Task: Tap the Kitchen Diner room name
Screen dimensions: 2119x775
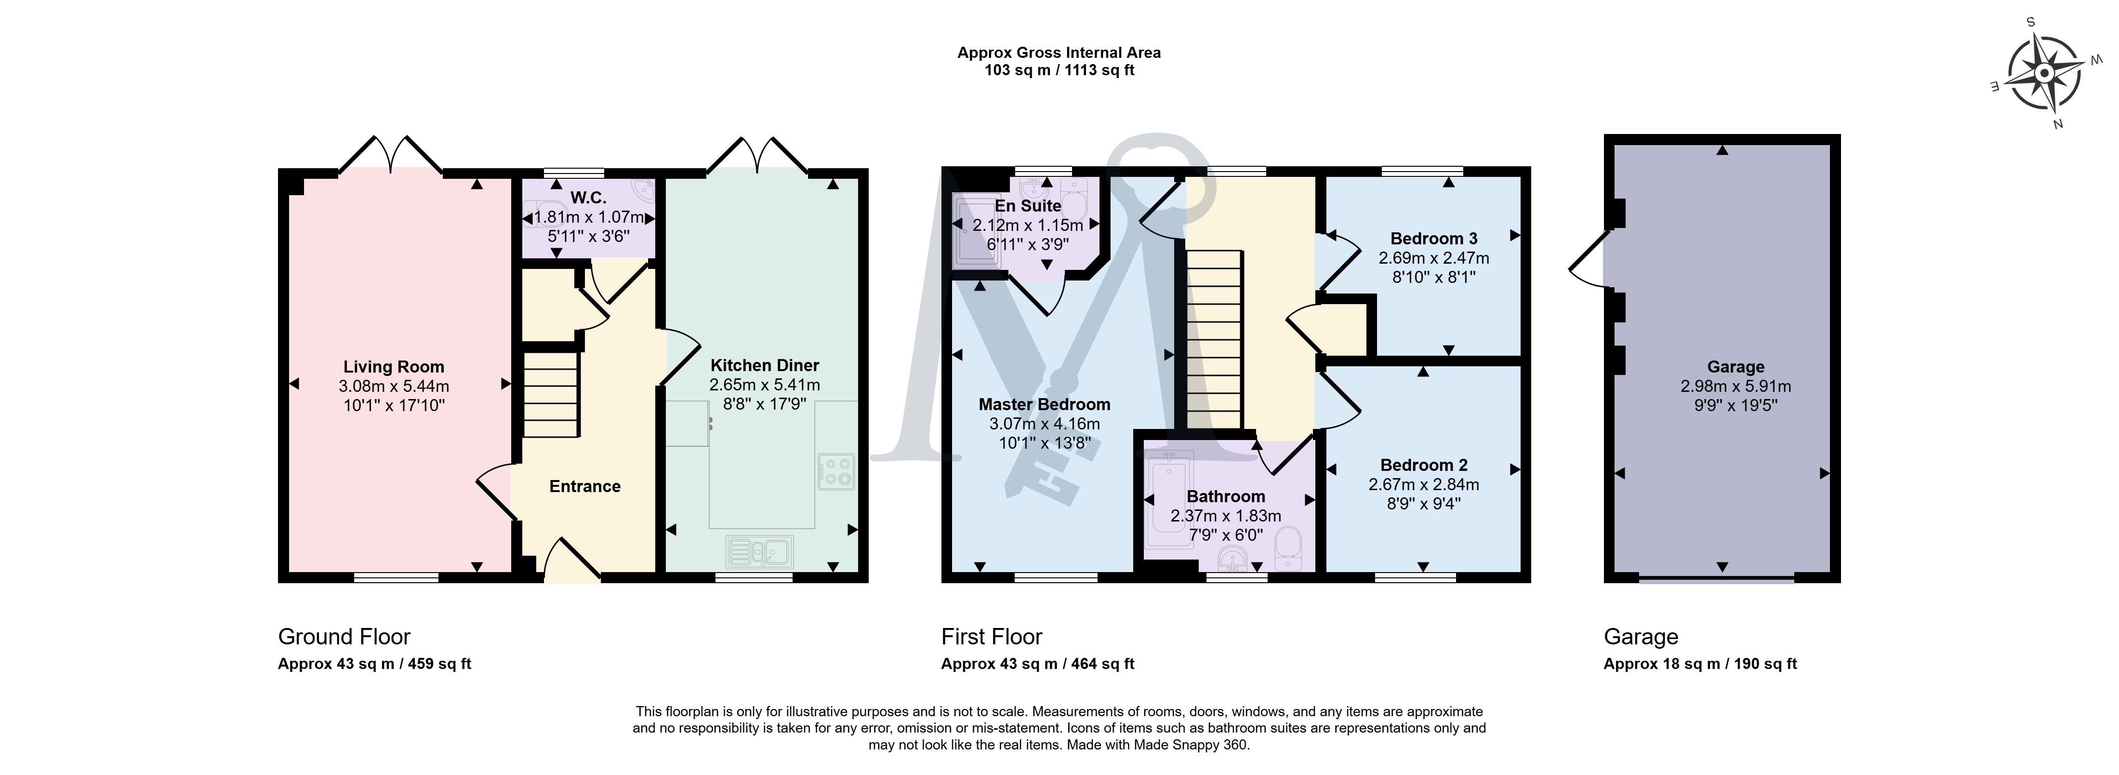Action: pyautogui.click(x=765, y=365)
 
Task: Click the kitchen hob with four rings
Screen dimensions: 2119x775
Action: pyautogui.click(x=836, y=471)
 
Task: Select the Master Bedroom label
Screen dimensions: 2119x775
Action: pyautogui.click(x=1045, y=404)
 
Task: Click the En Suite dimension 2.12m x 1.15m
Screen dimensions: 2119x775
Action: pyautogui.click(x=1028, y=225)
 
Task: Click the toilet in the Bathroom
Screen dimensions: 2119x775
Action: pyautogui.click(x=1288, y=549)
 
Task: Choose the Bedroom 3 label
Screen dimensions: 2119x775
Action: pyautogui.click(x=1434, y=239)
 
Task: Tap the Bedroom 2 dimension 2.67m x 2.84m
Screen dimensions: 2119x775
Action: pyautogui.click(x=1424, y=484)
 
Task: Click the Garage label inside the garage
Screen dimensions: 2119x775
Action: pyautogui.click(x=1735, y=367)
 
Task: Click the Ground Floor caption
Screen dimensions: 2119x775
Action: pyautogui.click(x=344, y=637)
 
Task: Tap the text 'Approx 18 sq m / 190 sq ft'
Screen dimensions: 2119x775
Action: pyautogui.click(x=1700, y=664)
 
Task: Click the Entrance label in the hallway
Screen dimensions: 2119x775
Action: pyautogui.click(x=585, y=486)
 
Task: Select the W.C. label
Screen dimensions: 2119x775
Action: pyautogui.click(x=588, y=198)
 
